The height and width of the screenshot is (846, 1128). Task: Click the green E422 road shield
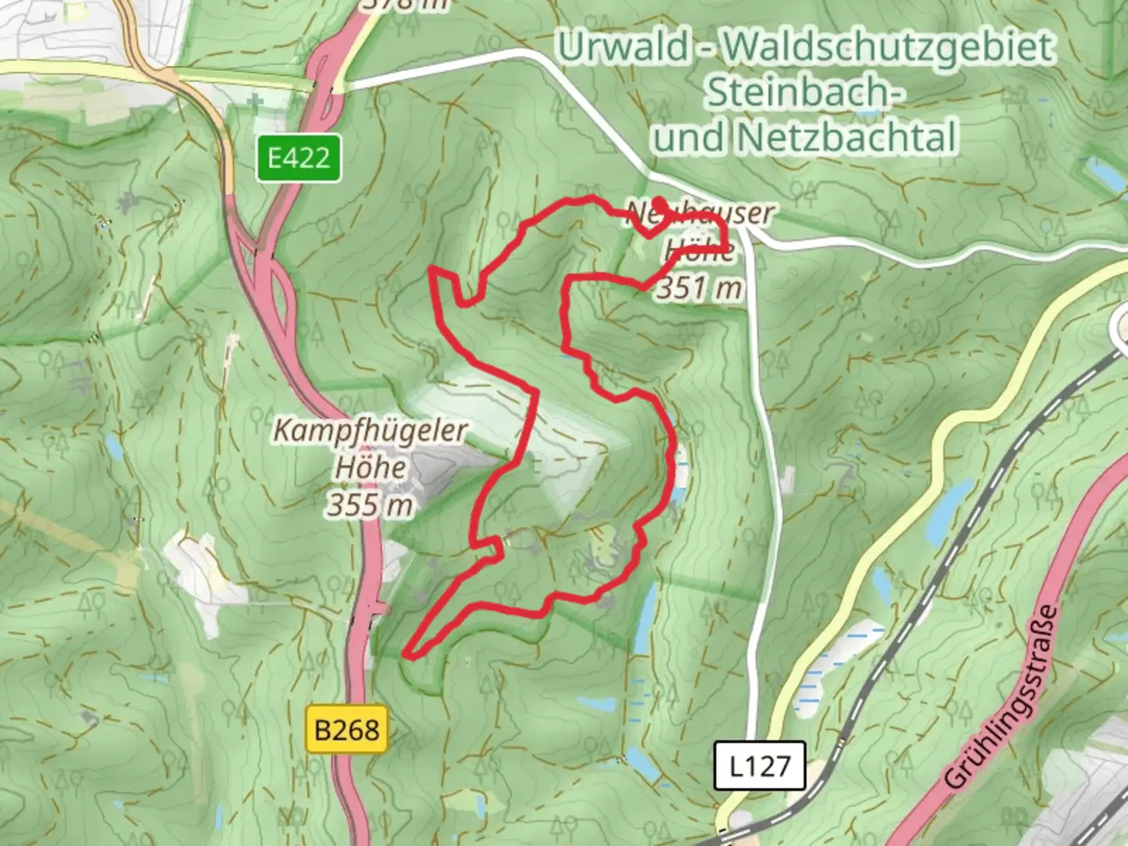coord(298,158)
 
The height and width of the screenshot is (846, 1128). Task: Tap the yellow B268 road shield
coord(347,730)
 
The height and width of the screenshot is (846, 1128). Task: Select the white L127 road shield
coord(760,765)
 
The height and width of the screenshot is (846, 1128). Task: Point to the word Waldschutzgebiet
coord(888,47)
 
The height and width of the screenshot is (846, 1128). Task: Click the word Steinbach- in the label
coord(805,92)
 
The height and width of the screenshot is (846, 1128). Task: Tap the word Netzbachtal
coord(848,138)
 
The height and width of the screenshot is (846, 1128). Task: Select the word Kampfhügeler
coord(371,431)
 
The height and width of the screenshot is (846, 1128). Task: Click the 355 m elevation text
coord(370,505)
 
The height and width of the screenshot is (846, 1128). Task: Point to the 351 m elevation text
coord(699,287)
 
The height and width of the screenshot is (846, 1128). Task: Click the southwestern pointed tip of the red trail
coord(407,652)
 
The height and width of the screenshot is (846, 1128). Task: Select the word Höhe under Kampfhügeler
coord(371,468)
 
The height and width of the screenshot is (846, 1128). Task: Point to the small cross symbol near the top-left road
coord(255,101)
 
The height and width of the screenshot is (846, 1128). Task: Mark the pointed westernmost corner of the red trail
coord(431,271)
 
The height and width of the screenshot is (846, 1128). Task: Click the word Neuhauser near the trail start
coord(700,213)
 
